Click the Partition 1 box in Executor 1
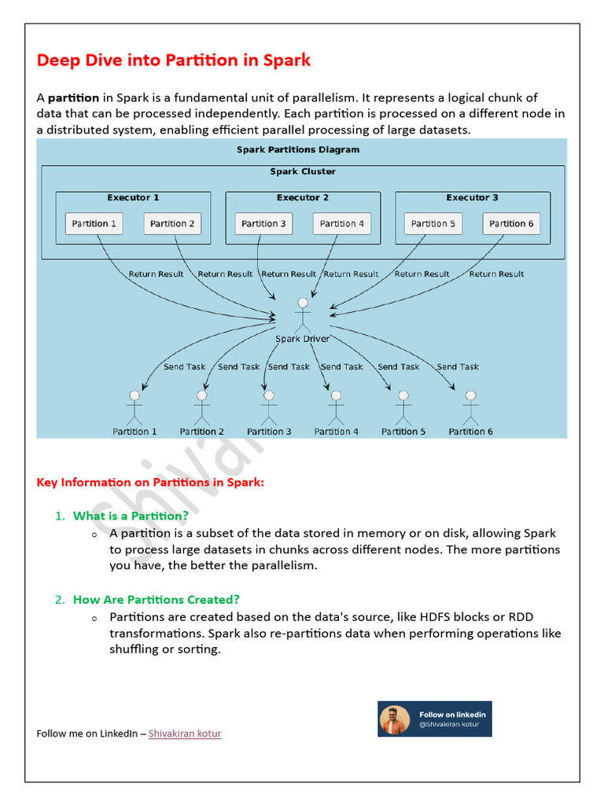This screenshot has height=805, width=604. (x=94, y=223)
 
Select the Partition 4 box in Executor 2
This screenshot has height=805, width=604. (x=341, y=223)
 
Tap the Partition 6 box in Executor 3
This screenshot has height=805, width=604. (x=511, y=223)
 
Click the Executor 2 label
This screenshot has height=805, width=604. (x=303, y=198)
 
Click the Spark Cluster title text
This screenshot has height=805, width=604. (x=303, y=171)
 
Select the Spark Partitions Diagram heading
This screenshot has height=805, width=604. (x=298, y=149)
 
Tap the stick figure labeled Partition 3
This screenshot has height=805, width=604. (x=269, y=407)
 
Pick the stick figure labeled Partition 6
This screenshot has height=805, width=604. (x=470, y=407)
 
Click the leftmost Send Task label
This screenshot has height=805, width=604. (x=184, y=367)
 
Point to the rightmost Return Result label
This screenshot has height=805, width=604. (x=496, y=274)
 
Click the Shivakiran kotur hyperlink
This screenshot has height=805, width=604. (x=185, y=733)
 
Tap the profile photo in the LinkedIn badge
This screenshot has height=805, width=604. (x=395, y=719)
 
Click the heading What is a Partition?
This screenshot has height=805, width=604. (x=131, y=516)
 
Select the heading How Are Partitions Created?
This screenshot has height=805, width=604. (x=156, y=599)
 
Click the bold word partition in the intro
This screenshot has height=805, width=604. (x=73, y=98)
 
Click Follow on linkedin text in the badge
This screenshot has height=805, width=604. (x=452, y=715)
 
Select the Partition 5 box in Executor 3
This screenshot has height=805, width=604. (x=433, y=223)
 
